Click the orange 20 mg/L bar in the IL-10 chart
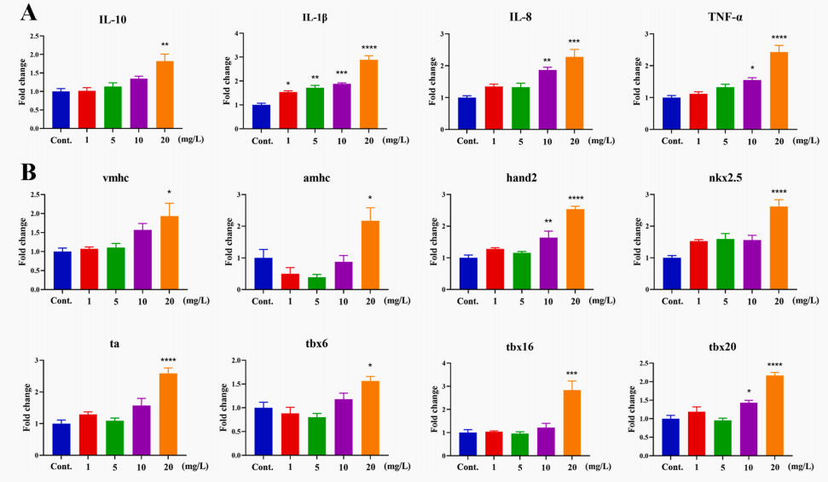click(x=165, y=95)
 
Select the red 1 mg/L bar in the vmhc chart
click(x=88, y=269)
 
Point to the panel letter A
click(x=27, y=14)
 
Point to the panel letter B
click(x=27, y=171)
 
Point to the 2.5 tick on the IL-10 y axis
click(x=35, y=37)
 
